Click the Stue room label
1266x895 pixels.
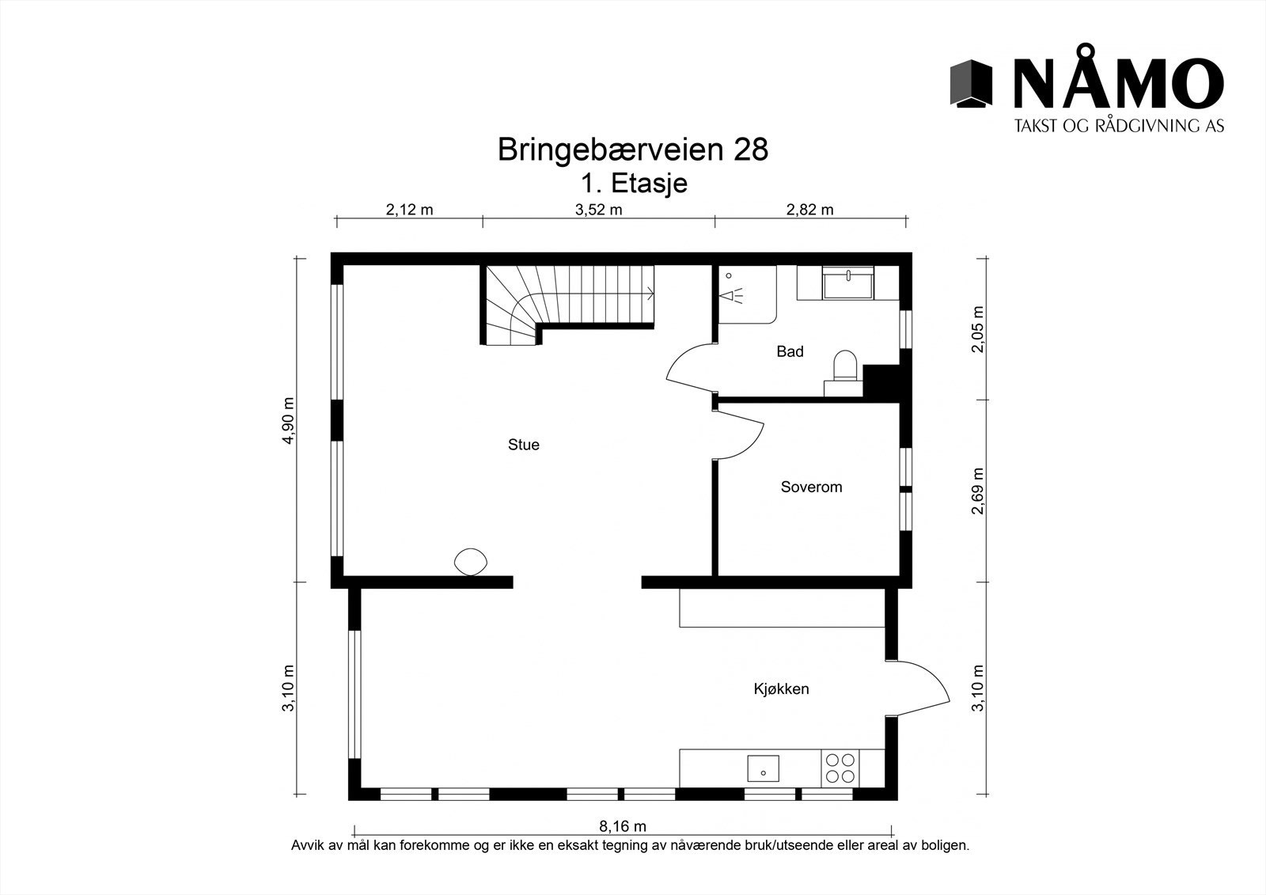(x=523, y=445)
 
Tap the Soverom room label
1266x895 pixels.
(x=811, y=487)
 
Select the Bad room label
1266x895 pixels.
(x=790, y=351)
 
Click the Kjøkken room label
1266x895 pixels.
(x=781, y=688)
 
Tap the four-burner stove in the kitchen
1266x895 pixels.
(x=840, y=768)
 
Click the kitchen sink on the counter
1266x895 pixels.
(x=763, y=768)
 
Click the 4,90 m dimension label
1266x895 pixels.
(x=288, y=420)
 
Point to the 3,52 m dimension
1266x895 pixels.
(x=598, y=210)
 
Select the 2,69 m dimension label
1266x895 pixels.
(x=979, y=491)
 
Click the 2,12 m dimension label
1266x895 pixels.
(x=409, y=210)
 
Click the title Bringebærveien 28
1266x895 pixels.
(x=632, y=149)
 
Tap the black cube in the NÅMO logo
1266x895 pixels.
(x=971, y=83)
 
